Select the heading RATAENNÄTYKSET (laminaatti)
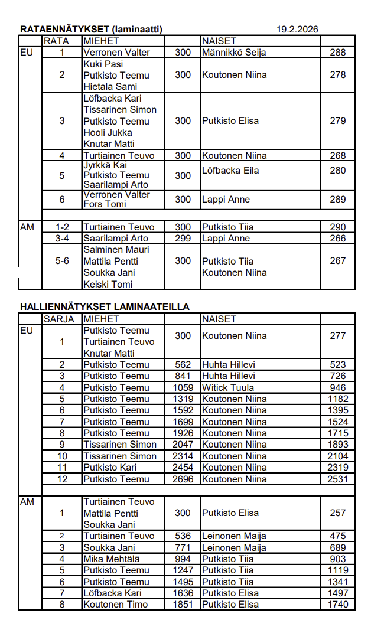91,29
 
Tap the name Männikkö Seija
234,53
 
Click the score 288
338,53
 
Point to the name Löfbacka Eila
230,171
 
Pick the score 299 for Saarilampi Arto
183,239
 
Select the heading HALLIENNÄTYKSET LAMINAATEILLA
105,307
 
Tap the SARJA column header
59,319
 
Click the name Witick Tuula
228,387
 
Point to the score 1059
183,387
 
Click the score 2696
183,479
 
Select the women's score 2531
338,479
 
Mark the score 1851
183,604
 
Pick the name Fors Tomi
105,204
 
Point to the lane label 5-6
62,261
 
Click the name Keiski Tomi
108,284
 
